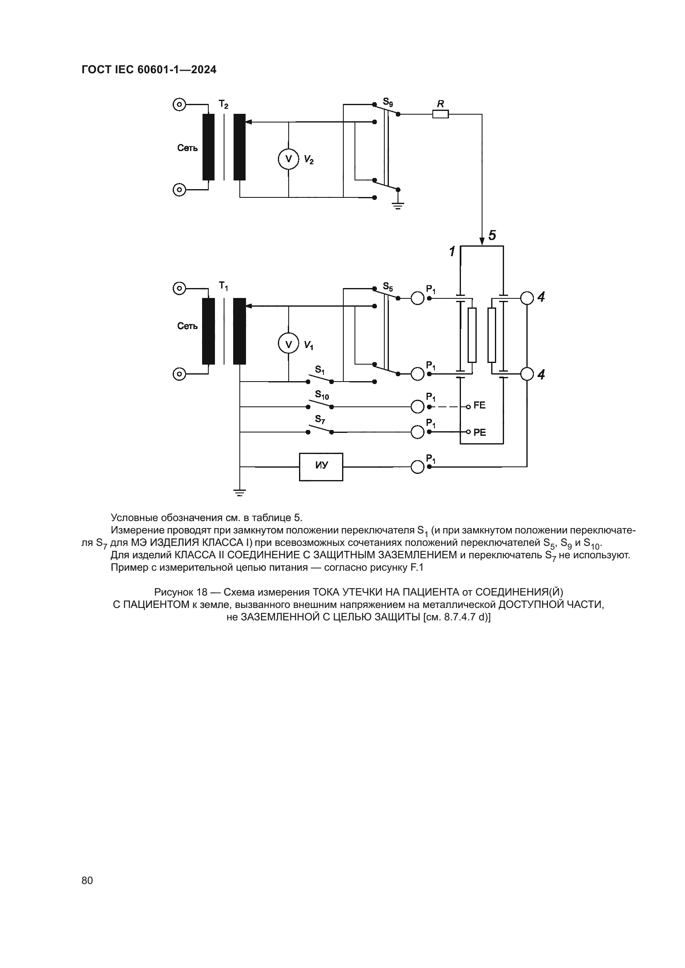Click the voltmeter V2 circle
click(x=289, y=159)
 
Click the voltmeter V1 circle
click(x=289, y=344)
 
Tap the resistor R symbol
click(x=440, y=114)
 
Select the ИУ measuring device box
click(x=321, y=467)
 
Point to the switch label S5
click(x=388, y=287)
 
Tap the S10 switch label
click(x=322, y=396)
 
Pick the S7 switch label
click(x=320, y=420)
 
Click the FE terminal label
click(x=480, y=405)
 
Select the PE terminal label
click(x=480, y=432)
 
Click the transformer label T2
click(x=223, y=104)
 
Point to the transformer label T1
click(x=223, y=286)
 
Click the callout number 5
click(x=492, y=235)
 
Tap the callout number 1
click(x=452, y=252)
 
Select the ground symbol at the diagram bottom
click(x=239, y=492)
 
